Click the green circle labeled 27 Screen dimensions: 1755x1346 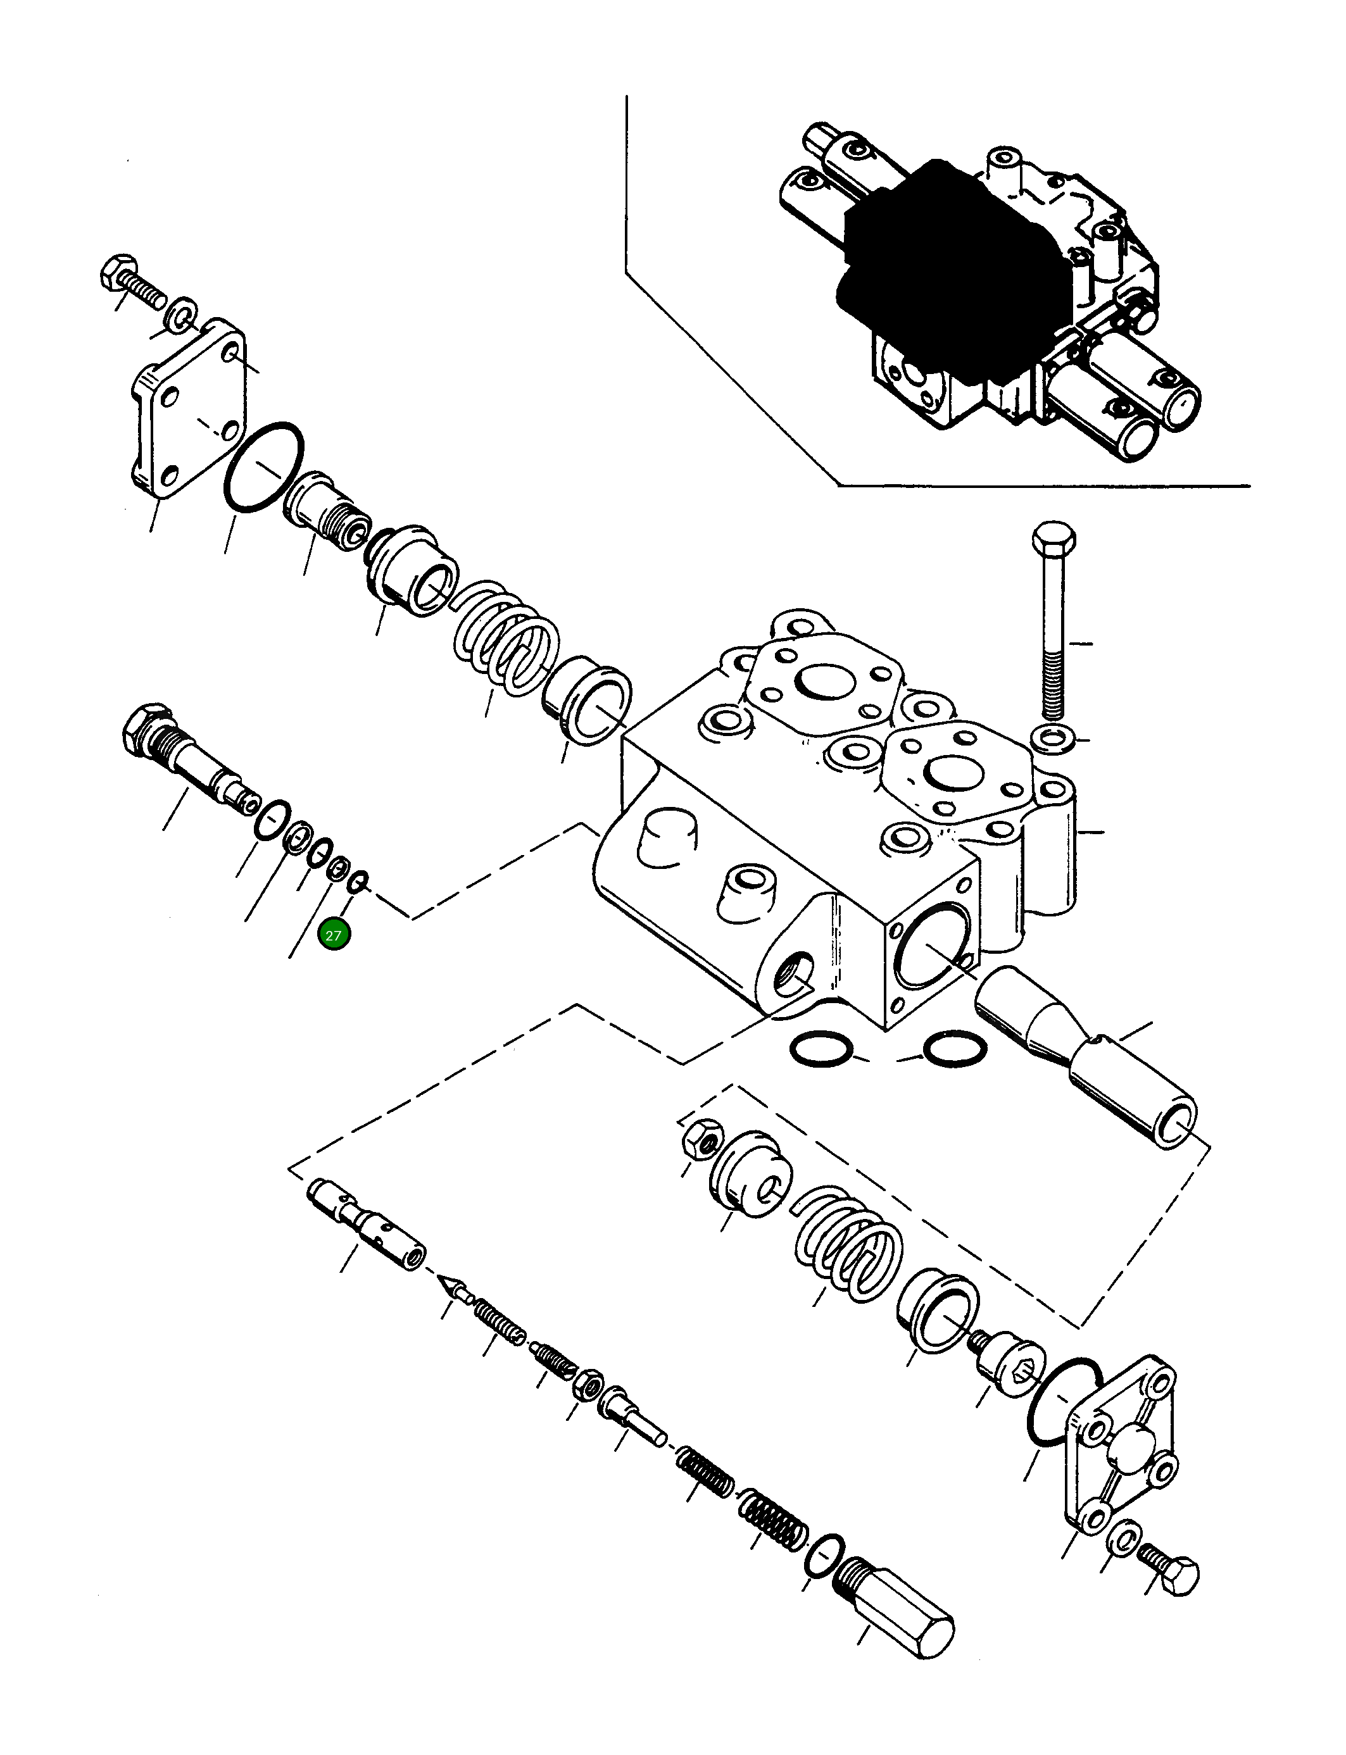(333, 935)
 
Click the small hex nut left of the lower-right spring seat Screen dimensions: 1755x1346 (702, 1144)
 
